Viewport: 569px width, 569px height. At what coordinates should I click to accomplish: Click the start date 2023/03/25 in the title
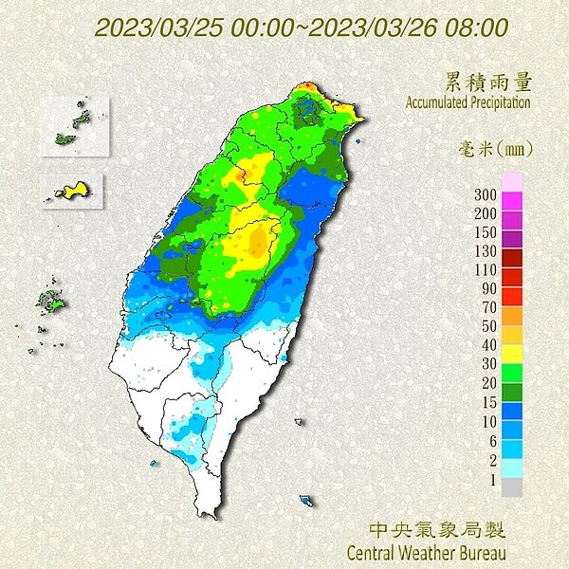pos(146,28)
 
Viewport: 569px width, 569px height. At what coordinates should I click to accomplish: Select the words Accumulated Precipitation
pos(468,101)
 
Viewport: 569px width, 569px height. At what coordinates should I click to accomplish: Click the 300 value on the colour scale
pos(485,194)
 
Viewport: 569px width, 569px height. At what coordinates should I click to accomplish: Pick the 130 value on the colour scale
pos(485,250)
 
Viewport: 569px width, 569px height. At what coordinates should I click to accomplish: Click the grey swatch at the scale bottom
pos(511,486)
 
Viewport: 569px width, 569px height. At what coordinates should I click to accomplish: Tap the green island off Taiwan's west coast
pos(50,303)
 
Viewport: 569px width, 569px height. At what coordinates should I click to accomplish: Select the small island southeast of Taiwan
pos(305,499)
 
